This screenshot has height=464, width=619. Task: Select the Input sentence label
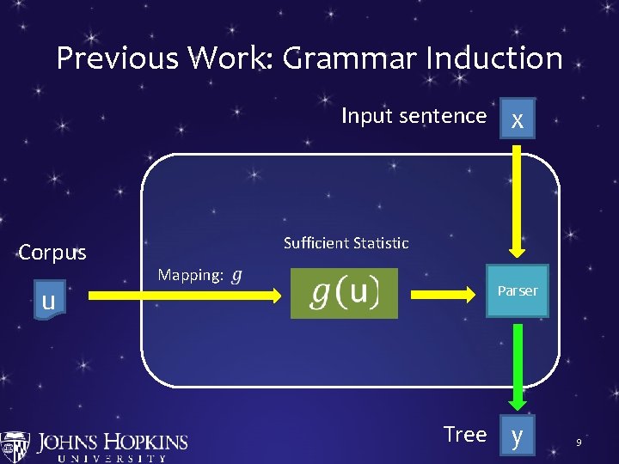pos(414,116)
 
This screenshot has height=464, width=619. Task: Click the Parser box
pos(517,291)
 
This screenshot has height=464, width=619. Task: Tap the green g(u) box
pos(344,293)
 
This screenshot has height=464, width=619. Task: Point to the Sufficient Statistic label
pos(346,243)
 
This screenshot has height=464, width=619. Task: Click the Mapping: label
pos(191,275)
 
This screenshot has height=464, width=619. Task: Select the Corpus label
pos(52,253)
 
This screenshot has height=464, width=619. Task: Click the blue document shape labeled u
pos(49,300)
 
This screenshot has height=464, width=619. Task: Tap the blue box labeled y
pos(516,436)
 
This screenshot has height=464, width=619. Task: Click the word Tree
pos(465,435)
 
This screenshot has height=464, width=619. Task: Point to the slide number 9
pos(579,443)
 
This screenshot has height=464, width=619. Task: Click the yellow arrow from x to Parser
pos(517,198)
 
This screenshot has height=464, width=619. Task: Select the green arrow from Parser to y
pos(517,365)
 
